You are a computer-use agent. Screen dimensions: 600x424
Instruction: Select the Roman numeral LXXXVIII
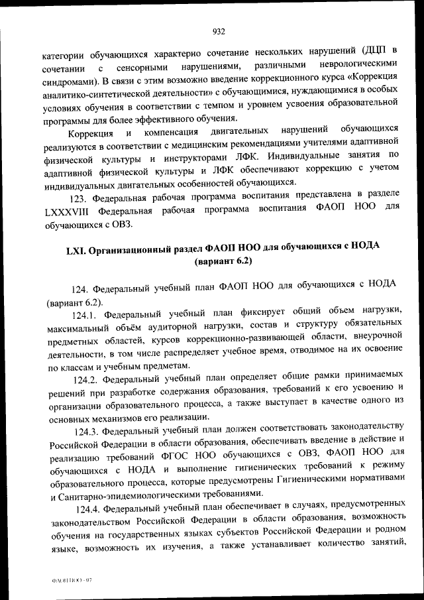point(69,210)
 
